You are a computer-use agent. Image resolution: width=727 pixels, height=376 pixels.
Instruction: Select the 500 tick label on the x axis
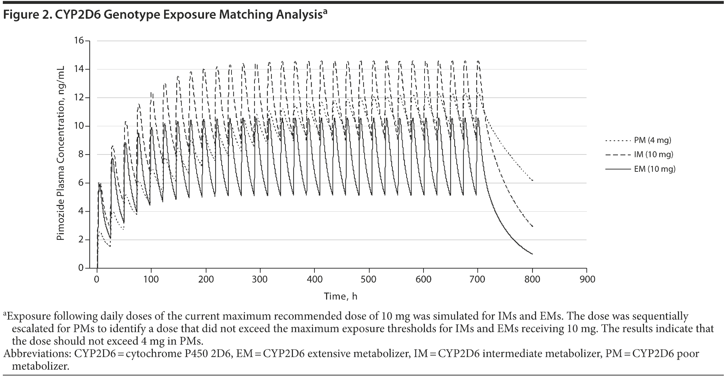[x=369, y=279]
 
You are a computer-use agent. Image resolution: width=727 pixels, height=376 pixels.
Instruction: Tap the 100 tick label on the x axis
[x=151, y=279]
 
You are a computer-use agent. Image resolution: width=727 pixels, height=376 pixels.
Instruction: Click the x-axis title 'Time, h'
[x=341, y=296]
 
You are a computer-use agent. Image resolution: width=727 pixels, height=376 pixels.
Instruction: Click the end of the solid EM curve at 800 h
[x=532, y=254]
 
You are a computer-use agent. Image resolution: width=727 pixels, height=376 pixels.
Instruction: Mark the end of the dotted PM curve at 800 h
[x=532, y=181]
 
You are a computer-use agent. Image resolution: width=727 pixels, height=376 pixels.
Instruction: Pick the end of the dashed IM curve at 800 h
[x=532, y=226]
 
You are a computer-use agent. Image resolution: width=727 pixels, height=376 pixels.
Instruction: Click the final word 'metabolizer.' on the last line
[x=40, y=366]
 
